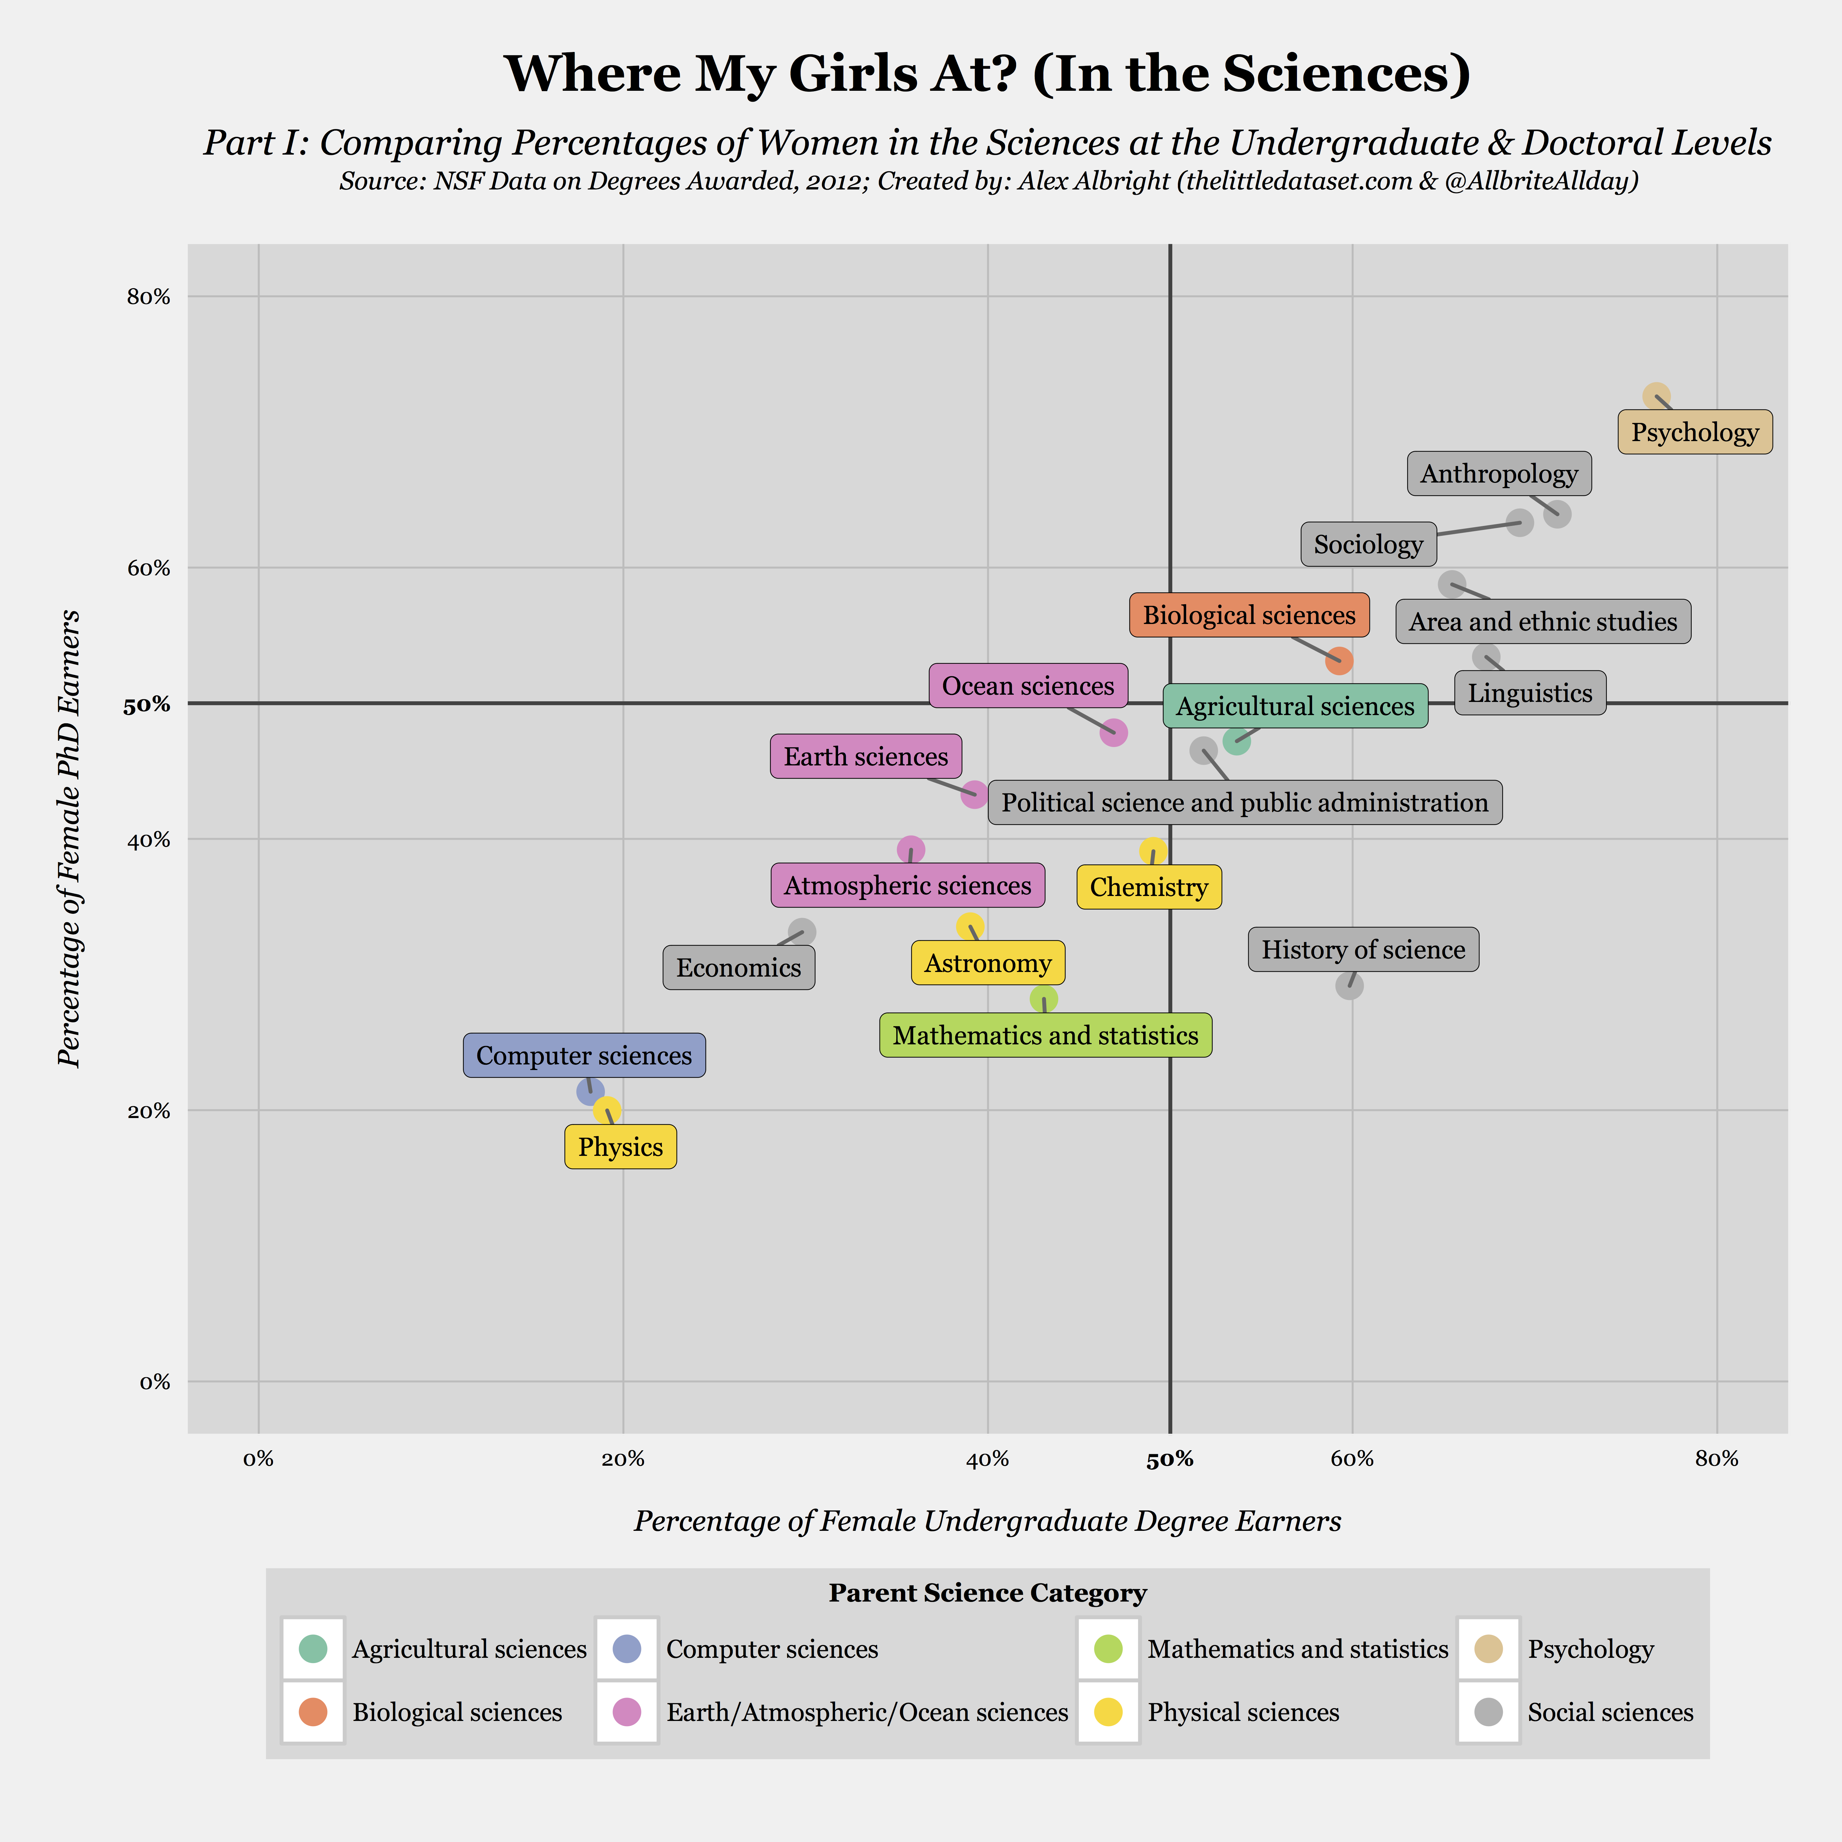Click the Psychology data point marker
1656,396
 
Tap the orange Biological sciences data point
1339,661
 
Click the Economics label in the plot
739,968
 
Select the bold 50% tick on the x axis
1170,1459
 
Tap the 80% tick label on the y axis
149,296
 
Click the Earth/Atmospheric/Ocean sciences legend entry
867,1712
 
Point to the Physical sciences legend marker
1108,1712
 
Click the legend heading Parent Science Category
987,1593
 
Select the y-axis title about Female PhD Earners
69,839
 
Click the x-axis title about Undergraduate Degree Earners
987,1521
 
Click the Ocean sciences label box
1028,685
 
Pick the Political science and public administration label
1244,803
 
